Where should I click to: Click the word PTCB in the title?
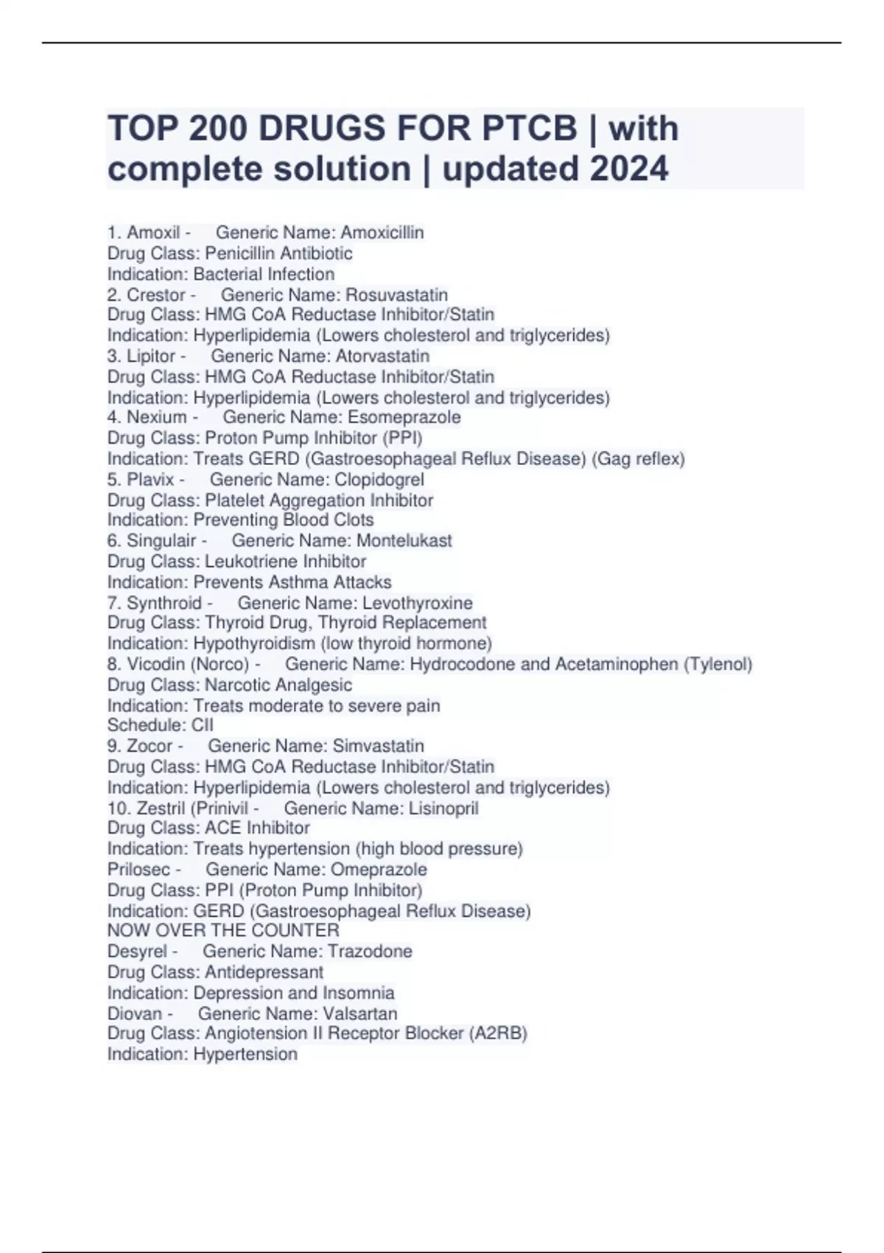(x=529, y=129)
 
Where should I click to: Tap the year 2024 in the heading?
(x=629, y=169)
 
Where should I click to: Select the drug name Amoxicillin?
(x=382, y=233)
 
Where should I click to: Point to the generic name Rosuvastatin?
(x=396, y=295)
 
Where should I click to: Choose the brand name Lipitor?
(x=151, y=356)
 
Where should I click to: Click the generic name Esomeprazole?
(x=404, y=417)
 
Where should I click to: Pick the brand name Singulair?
(x=161, y=540)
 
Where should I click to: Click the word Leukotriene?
(x=251, y=561)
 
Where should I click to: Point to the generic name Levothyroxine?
(x=417, y=603)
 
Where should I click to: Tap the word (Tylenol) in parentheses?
(x=718, y=664)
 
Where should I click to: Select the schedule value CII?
(x=202, y=725)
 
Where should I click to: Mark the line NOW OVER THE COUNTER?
(x=223, y=931)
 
